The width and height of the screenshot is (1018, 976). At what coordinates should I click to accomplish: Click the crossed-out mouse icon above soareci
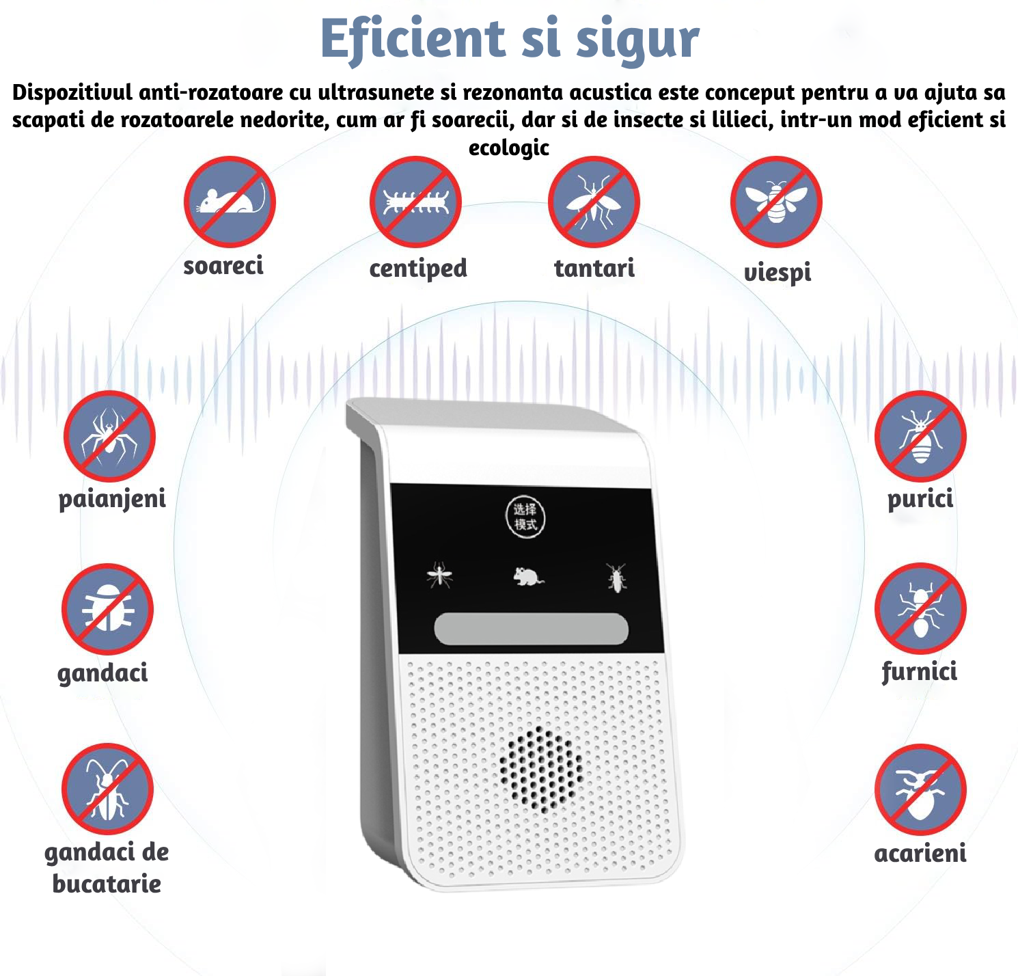pos(230,202)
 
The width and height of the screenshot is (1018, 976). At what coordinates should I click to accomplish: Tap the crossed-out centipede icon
pos(415,202)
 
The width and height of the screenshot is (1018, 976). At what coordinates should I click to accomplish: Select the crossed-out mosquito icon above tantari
pos(594,202)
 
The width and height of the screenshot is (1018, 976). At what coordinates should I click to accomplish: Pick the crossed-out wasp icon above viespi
pos(776,202)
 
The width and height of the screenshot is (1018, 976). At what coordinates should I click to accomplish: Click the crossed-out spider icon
pos(109,436)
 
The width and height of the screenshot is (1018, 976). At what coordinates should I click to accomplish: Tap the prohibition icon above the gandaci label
pos(107,609)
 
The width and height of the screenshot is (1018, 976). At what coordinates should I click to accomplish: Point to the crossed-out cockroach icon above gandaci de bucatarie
pos(107,789)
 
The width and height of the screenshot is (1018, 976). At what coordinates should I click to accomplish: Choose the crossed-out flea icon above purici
pos(920,436)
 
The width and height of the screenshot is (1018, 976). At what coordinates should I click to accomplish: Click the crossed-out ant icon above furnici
pos(920,609)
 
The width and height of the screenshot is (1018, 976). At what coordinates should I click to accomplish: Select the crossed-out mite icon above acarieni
pos(920,789)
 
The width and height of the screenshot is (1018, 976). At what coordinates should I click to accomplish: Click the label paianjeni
pos(112,499)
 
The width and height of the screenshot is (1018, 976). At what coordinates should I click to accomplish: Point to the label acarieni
pos(920,853)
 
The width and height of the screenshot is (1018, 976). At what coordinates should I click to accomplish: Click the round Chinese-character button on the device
pos(525,517)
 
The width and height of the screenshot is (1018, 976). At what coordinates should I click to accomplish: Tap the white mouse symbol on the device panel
pos(528,577)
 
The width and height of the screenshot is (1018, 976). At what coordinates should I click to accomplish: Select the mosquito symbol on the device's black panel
pos(439,575)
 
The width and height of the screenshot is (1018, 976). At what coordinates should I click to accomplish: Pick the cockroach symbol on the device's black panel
pos(616,578)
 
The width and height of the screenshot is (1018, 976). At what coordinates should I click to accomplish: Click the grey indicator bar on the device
pos(531,629)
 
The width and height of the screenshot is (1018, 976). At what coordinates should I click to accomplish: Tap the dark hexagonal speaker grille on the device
pos(541,765)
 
